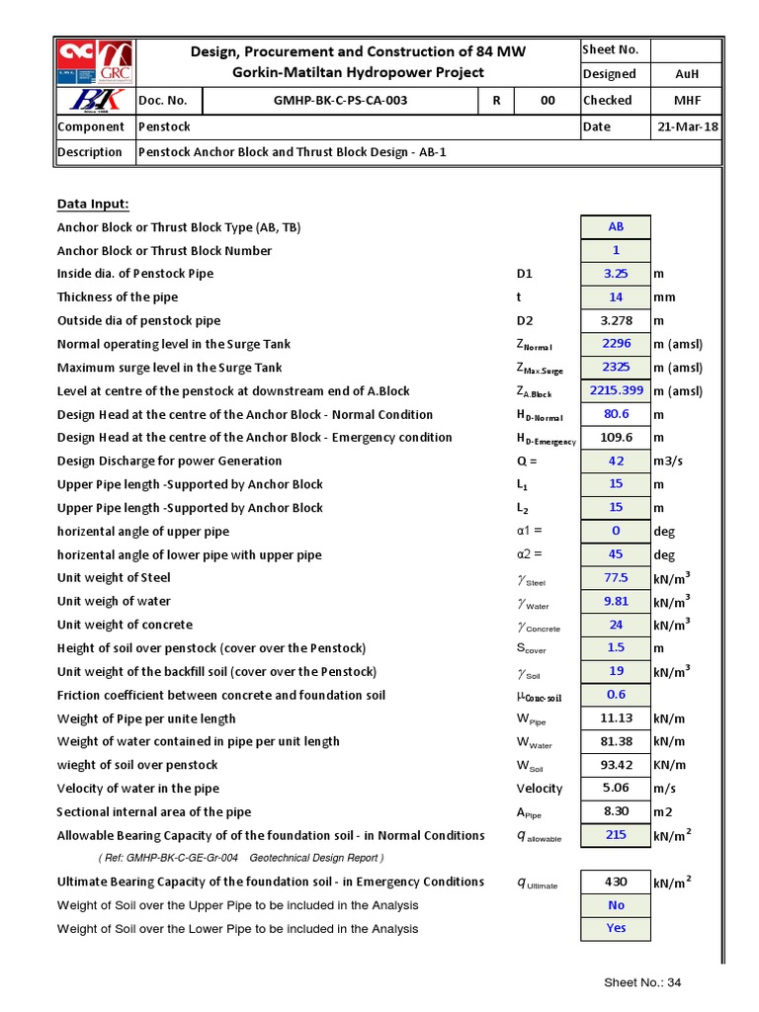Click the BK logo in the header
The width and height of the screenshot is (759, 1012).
click(94, 101)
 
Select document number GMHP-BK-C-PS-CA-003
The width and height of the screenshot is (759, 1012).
click(340, 101)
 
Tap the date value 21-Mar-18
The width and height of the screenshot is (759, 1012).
click(687, 126)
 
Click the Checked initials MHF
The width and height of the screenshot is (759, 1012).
click(687, 101)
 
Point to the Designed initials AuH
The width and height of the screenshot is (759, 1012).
click(687, 74)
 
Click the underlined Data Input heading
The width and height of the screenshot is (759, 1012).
click(93, 204)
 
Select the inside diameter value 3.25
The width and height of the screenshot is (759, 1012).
click(616, 274)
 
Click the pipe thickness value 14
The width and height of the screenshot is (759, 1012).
click(616, 296)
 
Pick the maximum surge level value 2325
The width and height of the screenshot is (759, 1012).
click(616, 368)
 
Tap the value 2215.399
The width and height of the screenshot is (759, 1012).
click(616, 390)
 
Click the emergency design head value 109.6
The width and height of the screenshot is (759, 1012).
click(616, 438)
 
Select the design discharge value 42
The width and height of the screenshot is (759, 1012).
click(616, 461)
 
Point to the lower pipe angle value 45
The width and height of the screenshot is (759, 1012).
click(616, 554)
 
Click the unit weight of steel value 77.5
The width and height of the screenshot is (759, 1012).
click(616, 578)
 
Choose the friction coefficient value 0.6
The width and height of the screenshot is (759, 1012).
click(616, 695)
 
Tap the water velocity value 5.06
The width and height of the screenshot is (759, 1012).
click(616, 789)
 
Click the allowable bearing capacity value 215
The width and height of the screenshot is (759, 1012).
click(616, 835)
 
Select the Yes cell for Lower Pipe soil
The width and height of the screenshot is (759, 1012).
click(616, 928)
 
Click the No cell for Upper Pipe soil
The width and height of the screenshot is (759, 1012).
click(616, 905)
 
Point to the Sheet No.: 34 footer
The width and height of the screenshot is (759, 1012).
click(642, 982)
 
